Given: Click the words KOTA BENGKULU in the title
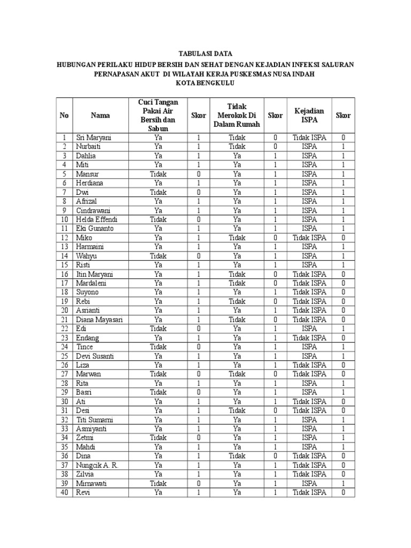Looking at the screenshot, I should pyautogui.click(x=205, y=83).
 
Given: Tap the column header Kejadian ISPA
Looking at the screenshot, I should pyautogui.click(x=309, y=115).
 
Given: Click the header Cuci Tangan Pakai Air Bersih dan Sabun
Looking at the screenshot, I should pyautogui.click(x=158, y=115).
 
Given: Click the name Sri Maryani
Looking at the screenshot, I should pyautogui.click(x=94, y=138).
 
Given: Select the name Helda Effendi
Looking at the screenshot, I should pyautogui.click(x=96, y=219).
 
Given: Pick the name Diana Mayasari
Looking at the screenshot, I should pyautogui.click(x=100, y=319).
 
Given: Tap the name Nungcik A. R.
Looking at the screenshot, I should pyautogui.click(x=97, y=465).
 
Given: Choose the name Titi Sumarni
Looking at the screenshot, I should pyautogui.click(x=95, y=420).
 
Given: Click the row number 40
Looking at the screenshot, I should pyautogui.click(x=64, y=492).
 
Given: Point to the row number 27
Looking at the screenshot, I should pyautogui.click(x=64, y=374).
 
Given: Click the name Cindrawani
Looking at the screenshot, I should pyautogui.click(x=93, y=210).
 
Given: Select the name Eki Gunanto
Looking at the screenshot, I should pyautogui.click(x=94, y=229).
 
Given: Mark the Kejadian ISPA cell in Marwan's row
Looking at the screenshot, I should pyautogui.click(x=309, y=374).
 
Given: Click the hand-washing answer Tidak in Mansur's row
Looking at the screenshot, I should pyautogui.click(x=158, y=174).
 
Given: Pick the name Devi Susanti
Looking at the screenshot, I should pyautogui.click(x=95, y=356).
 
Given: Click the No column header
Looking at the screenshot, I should pyautogui.click(x=64, y=115).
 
